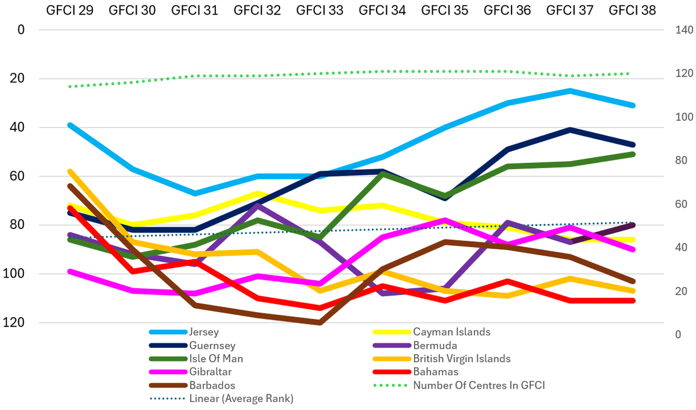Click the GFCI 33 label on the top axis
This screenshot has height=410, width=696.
[320, 10]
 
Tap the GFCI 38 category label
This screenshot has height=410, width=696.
[633, 10]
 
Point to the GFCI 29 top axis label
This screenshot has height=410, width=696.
[70, 10]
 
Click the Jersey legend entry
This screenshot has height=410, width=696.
[204, 332]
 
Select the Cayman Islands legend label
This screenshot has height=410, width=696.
[452, 332]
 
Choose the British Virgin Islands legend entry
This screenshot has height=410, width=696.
[462, 359]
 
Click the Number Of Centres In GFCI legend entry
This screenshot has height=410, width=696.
[479, 386]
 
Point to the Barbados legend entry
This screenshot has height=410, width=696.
[212, 386]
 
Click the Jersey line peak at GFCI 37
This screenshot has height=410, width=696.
[571, 90]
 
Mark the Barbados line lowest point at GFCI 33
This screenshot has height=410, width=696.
[320, 322]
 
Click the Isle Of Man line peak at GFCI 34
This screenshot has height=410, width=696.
[383, 173]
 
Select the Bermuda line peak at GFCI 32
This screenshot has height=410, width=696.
[258, 205]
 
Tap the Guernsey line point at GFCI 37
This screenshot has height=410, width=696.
[571, 129]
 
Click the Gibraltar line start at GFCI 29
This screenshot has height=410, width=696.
[70, 271]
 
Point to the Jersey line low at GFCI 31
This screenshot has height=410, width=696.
[195, 193]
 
